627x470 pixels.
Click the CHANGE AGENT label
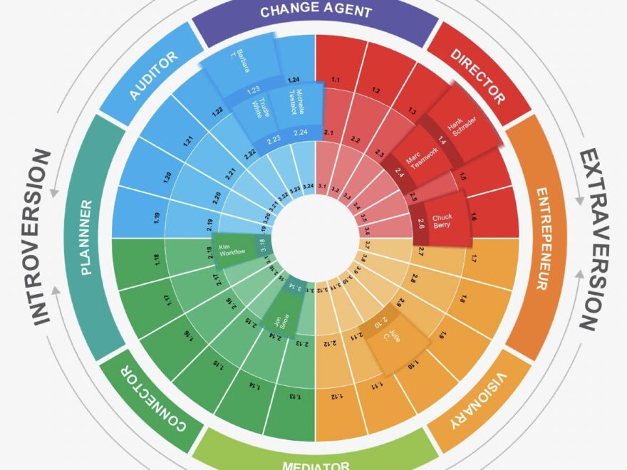click(316, 11)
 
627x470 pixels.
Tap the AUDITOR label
click(153, 75)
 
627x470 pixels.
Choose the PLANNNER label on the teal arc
click(87, 237)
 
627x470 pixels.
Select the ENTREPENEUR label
click(543, 238)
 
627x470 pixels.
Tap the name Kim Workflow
click(231, 248)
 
